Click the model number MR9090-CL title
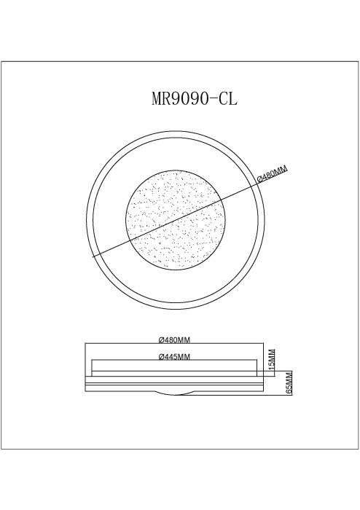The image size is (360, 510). (x=194, y=100)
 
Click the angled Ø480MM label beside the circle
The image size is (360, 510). (x=273, y=175)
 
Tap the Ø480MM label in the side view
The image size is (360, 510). (x=175, y=340)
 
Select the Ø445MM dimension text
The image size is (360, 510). (x=174, y=356)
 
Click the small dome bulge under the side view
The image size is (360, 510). (x=175, y=393)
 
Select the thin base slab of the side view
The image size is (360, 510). (x=175, y=386)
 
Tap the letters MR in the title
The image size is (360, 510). (x=161, y=100)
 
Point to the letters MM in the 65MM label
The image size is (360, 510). (x=289, y=378)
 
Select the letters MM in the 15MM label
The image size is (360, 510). (x=273, y=354)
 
